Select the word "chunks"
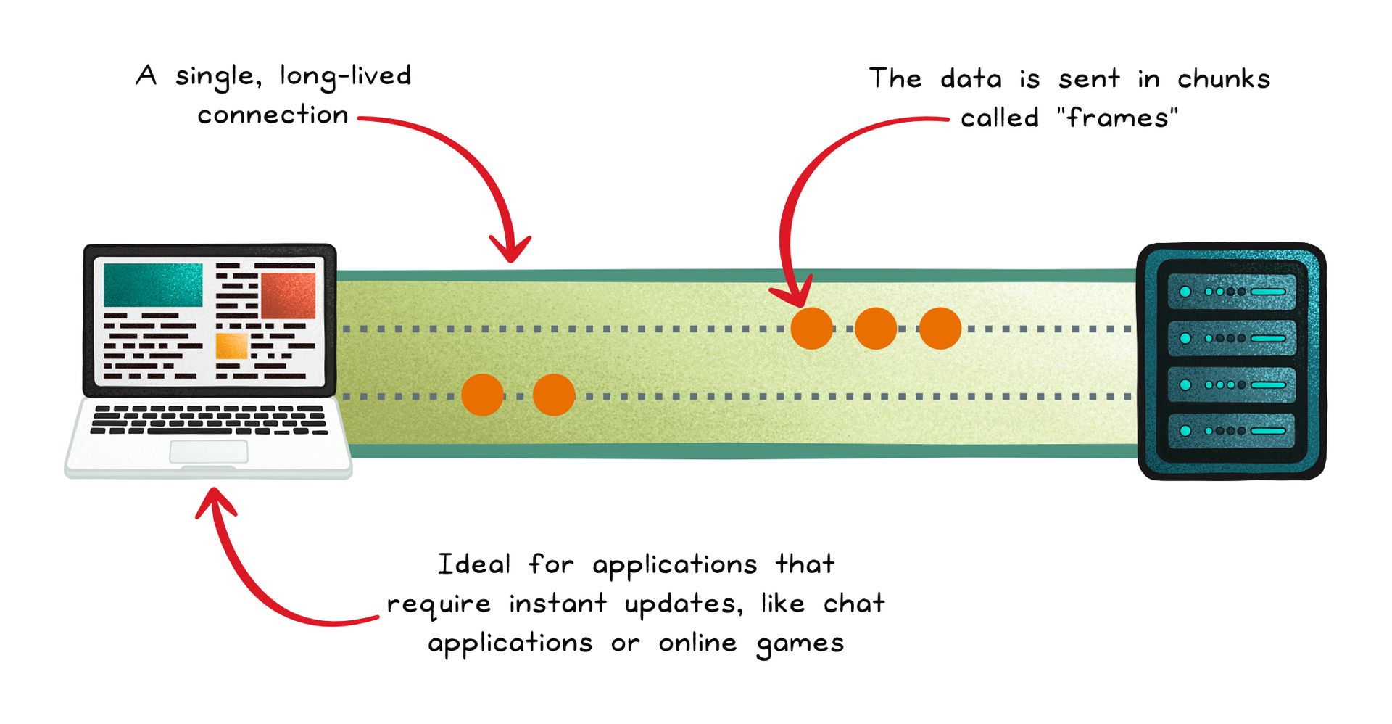click(1223, 78)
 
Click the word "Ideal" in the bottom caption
click(474, 564)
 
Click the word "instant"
click(558, 604)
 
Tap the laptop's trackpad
click(209, 451)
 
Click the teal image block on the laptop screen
click(153, 285)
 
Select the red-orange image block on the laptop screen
click(288, 295)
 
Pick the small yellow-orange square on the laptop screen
click(232, 345)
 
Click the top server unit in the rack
click(1232, 292)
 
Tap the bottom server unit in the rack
click(1232, 431)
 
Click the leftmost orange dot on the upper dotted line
click(811, 329)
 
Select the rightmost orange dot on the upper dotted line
click(940, 329)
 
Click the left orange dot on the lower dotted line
click(482, 395)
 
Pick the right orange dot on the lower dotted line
click(554, 395)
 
